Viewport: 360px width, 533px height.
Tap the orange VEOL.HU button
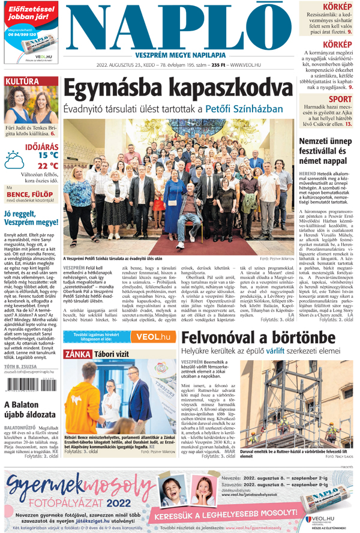point(152,337)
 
